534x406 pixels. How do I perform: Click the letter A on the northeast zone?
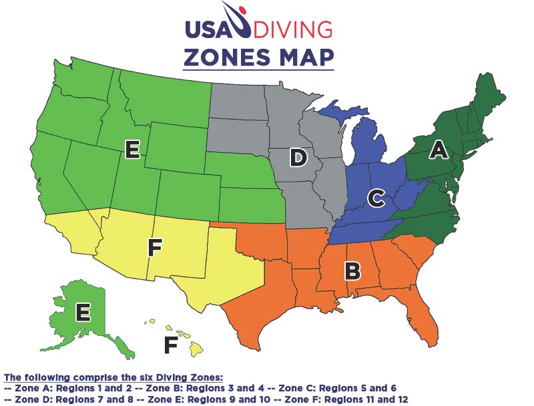[x=438, y=150]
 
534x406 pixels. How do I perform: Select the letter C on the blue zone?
[x=376, y=198]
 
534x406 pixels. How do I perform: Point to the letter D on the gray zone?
[x=298, y=158]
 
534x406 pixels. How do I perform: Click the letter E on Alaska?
[x=83, y=312]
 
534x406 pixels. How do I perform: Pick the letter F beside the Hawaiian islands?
[x=172, y=345]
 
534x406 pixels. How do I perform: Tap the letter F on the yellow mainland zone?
[x=155, y=248]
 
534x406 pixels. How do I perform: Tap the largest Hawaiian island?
[x=197, y=348]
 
